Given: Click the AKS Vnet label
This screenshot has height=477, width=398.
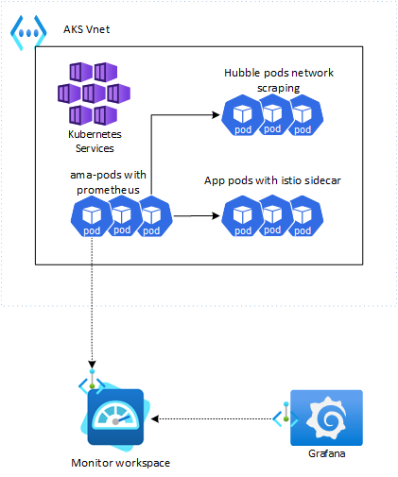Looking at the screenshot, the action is pyautogui.click(x=86, y=29).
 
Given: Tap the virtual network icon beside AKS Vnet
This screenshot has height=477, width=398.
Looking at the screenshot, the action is pyautogui.click(x=28, y=32).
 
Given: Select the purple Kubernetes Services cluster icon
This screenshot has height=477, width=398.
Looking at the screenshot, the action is pyautogui.click(x=94, y=94).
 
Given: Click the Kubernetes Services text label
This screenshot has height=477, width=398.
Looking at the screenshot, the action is pyautogui.click(x=95, y=141).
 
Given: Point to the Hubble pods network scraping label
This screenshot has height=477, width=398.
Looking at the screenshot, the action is pyautogui.click(x=279, y=80).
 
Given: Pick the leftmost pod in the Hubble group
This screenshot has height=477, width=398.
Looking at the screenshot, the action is pyautogui.click(x=242, y=115).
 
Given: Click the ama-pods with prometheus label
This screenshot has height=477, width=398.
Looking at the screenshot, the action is pyautogui.click(x=108, y=182).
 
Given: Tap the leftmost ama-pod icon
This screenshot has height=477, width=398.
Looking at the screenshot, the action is pyautogui.click(x=92, y=216).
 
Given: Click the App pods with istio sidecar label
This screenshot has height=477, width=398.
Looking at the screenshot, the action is pyautogui.click(x=272, y=180).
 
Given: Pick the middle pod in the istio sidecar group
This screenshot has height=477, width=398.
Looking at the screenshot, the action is pyautogui.click(x=274, y=215).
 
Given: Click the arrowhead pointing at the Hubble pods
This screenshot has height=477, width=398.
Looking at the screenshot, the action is pyautogui.click(x=216, y=115).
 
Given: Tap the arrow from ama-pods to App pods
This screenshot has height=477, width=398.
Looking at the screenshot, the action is pyautogui.click(x=197, y=216).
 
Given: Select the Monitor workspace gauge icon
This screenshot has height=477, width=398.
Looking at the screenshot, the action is pyautogui.click(x=115, y=417).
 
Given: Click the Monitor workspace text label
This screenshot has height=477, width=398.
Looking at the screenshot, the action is pyautogui.click(x=120, y=463).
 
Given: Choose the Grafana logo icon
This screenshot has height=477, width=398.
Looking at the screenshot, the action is pyautogui.click(x=326, y=417).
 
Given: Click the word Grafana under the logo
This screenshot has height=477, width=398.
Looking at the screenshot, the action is pyautogui.click(x=326, y=453).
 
